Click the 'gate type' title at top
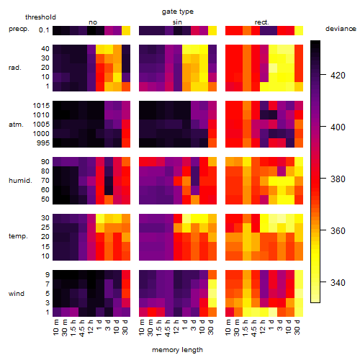coord(178,12)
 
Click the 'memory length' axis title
coord(177,350)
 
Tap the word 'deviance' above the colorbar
coord(341,29)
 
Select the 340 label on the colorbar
coord(338,282)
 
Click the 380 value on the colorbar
coord(338,179)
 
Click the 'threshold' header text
coord(40,17)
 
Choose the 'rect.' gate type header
coord(262,22)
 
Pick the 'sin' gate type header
coord(177,22)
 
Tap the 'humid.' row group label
coord(20,181)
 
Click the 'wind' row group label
coord(17,294)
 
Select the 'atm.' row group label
coord(16,125)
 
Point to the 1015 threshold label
coord(41,106)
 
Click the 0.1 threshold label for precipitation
coord(44,30)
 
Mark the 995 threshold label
coord(43,143)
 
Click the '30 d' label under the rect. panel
coord(297,327)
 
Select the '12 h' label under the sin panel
coord(176,327)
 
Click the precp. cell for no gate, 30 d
coord(126,30)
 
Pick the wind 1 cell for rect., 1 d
coord(273,312)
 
